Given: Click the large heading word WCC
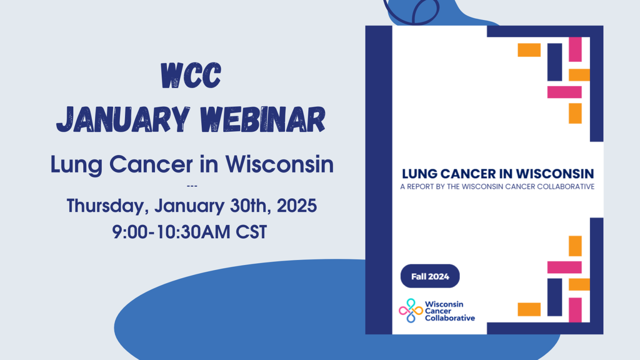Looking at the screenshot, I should pyautogui.click(x=191, y=76).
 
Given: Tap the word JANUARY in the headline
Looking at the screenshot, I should pyautogui.click(x=123, y=120).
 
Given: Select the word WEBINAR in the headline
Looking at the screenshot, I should pyautogui.click(x=262, y=120).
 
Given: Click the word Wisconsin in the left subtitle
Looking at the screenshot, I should pyautogui.click(x=280, y=164).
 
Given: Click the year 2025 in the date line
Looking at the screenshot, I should pyautogui.click(x=297, y=206).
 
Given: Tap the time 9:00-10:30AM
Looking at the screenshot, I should pyautogui.click(x=171, y=232).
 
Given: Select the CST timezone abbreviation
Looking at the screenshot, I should pyautogui.click(x=251, y=232).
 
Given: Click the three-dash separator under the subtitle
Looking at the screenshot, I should pyautogui.click(x=192, y=186).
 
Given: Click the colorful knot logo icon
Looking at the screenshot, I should pyautogui.click(x=410, y=310).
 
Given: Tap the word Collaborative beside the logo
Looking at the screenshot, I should pyautogui.click(x=450, y=318).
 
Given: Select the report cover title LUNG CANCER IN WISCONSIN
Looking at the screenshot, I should pyautogui.click(x=497, y=174).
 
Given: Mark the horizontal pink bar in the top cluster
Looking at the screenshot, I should pyautogui.click(x=564, y=92).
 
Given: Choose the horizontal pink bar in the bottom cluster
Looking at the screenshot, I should pyautogui.click(x=564, y=267).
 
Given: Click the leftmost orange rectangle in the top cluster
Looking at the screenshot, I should pyautogui.click(x=529, y=50).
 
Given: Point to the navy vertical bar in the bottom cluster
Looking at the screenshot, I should pyautogui.click(x=555, y=297).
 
